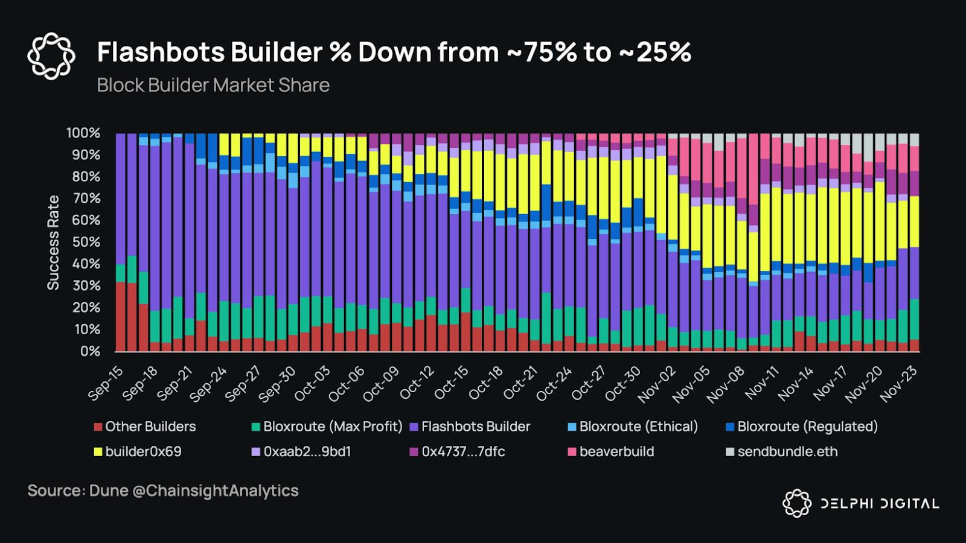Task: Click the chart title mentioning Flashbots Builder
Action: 394,52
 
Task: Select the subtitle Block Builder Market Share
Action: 213,85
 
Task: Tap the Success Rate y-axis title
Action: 53,242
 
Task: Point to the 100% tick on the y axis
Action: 83,133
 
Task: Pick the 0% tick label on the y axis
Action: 90,351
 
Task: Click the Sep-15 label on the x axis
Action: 106,383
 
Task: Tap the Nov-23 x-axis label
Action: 900,384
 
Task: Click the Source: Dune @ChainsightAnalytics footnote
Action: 163,491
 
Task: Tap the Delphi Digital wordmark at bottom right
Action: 880,504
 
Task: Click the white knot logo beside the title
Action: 51,56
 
